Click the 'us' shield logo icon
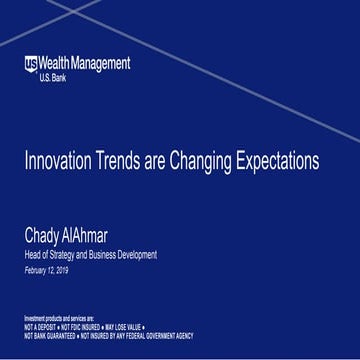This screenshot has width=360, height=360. click(32, 64)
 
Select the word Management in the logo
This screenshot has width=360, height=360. click(102, 64)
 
